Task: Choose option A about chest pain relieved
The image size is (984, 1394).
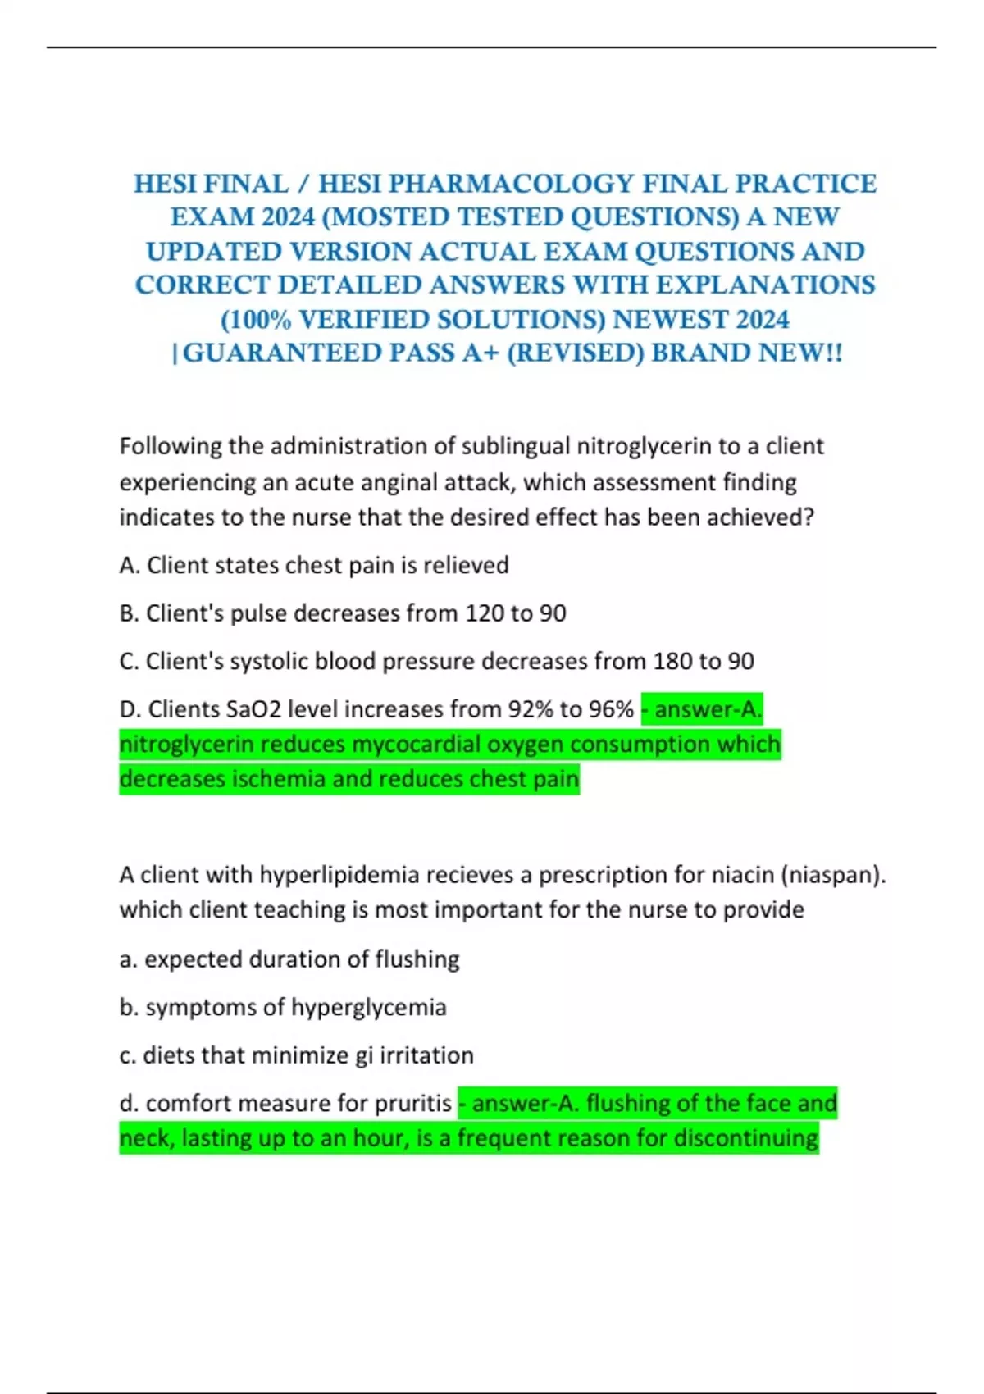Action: point(314,565)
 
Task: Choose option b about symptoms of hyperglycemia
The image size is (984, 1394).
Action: point(283,1007)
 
